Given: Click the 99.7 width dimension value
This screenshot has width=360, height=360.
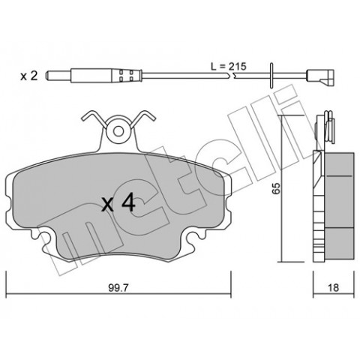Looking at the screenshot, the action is [x=118, y=288].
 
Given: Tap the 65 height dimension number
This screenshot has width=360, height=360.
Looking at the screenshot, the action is [x=276, y=188].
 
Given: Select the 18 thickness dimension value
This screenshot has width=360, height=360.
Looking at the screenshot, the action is [x=334, y=288].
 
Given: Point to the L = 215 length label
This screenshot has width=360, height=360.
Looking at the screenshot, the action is [x=229, y=67].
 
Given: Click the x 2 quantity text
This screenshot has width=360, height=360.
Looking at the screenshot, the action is [x=29, y=76].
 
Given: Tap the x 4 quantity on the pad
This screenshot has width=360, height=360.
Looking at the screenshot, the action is [x=118, y=204].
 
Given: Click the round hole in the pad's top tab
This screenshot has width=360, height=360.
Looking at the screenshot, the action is [x=118, y=131].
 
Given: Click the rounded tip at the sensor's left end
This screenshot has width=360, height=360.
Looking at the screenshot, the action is [x=46, y=76].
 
